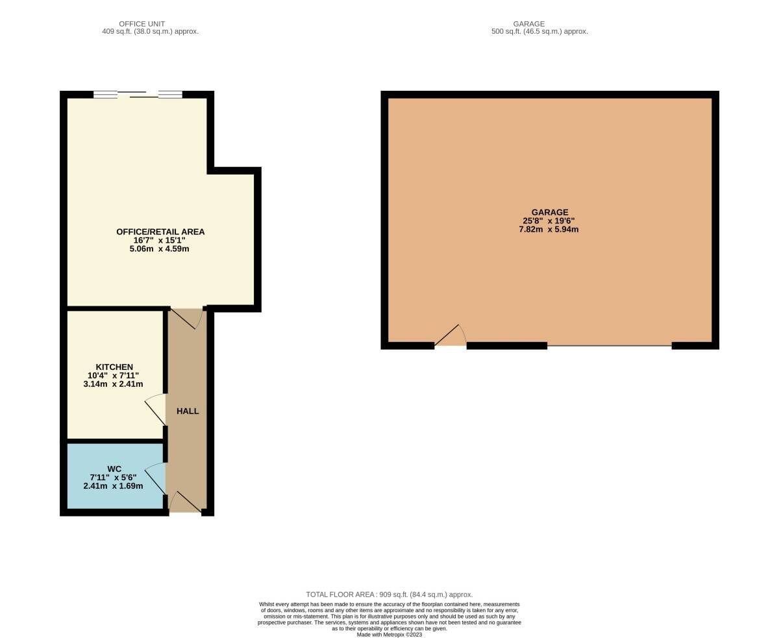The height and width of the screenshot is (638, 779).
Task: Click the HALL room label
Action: (187, 411)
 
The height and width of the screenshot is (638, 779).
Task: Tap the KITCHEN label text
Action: (114, 367)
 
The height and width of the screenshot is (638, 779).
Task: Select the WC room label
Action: (114, 469)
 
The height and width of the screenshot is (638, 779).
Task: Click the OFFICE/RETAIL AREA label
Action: (160, 232)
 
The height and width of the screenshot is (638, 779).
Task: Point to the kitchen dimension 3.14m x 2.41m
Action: (113, 384)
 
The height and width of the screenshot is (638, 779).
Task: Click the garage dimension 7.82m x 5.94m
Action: (549, 229)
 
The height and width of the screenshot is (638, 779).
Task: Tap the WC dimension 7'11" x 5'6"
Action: (113, 478)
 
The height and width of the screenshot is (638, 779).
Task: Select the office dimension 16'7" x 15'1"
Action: (159, 240)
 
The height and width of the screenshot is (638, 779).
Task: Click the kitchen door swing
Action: (155, 409)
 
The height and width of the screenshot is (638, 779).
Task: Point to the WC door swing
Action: (155, 478)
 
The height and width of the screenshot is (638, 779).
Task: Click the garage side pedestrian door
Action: (451, 336)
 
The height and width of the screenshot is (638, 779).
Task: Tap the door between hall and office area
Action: (186, 318)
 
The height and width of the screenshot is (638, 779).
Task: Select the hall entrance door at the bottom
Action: (185, 502)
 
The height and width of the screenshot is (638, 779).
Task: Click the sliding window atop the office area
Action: (138, 94)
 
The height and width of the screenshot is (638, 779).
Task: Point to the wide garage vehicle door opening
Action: (609, 345)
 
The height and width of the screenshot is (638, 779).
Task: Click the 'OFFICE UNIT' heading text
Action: (142, 24)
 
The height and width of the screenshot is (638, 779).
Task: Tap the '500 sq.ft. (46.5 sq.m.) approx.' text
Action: (539, 32)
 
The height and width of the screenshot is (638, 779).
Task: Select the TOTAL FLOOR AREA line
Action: (389, 595)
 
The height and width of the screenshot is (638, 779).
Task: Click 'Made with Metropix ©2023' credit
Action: (389, 635)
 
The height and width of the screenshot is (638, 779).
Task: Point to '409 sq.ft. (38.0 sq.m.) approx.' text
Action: (151, 32)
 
